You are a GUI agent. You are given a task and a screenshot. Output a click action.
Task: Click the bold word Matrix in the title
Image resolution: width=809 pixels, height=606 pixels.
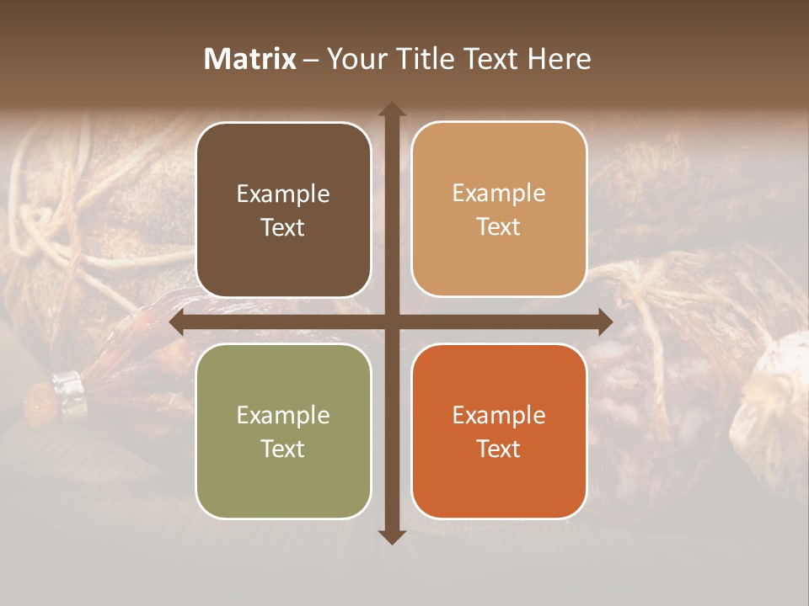pyautogui.click(x=250, y=59)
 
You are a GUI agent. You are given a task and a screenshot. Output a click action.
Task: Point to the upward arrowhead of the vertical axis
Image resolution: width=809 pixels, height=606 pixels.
pyautogui.click(x=392, y=109)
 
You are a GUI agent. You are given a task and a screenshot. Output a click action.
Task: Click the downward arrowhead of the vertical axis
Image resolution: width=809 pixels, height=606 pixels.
pyautogui.click(x=392, y=536)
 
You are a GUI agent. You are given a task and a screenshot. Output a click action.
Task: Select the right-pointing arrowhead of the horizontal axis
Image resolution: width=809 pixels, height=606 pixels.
pyautogui.click(x=604, y=322)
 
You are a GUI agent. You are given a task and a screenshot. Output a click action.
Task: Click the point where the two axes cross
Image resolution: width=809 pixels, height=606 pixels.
pyautogui.click(x=392, y=322)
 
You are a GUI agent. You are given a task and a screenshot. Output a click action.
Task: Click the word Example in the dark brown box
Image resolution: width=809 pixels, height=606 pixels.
pyautogui.click(x=283, y=194)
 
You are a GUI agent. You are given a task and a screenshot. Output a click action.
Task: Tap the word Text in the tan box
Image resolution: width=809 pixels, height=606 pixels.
pyautogui.click(x=499, y=227)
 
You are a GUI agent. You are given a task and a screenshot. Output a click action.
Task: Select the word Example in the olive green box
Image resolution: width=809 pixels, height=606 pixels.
pyautogui.click(x=283, y=415)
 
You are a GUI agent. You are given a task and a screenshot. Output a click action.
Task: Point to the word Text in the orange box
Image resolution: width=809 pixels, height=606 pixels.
pyautogui.click(x=499, y=449)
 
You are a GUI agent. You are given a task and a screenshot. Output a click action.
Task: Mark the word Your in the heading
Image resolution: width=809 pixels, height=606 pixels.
pyautogui.click(x=352, y=59)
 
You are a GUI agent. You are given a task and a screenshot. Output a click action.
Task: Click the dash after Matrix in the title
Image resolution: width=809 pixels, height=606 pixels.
pyautogui.click(x=311, y=60)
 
